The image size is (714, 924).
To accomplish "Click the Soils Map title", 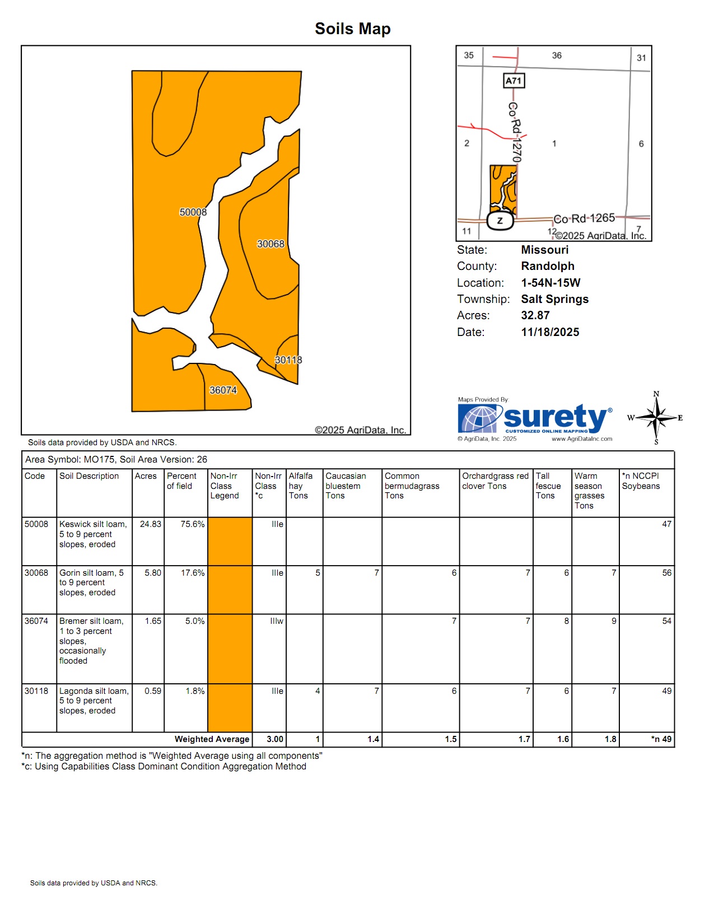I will point(352,29).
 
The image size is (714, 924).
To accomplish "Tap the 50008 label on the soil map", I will point(193,212).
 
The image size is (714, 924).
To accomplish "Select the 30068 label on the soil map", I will point(270,244).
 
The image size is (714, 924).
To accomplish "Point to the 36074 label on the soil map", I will point(223,390).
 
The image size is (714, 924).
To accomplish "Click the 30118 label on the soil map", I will point(288,360).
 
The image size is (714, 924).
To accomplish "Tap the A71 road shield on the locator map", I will point(514,81).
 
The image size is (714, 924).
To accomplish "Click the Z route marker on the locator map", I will point(500,221).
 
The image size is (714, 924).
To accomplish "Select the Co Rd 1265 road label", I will point(584,218).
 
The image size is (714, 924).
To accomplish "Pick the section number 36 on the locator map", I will point(557,55).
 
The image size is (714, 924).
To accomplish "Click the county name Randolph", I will point(548,266).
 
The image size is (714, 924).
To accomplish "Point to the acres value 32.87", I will point(535,315).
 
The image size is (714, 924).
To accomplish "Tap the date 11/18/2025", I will point(550,332).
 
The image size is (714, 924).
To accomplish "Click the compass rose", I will point(656,418).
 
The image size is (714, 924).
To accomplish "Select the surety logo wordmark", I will point(554,417).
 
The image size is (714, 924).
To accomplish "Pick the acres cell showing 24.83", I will point(151,524).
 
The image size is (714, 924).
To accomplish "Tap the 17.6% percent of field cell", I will point(193,573).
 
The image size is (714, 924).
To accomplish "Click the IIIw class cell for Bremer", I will point(277,621).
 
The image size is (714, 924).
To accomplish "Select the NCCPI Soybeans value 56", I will point(666,573).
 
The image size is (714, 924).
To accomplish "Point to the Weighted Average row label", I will point(212,739).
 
